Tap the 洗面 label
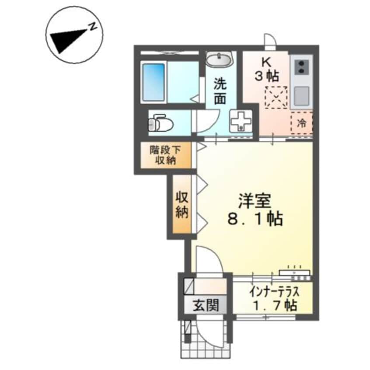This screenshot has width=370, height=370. [x=220, y=91]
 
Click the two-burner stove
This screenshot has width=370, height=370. [x=301, y=66]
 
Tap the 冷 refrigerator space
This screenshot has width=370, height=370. [x=302, y=123]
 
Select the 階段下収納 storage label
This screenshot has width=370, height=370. [x=165, y=155]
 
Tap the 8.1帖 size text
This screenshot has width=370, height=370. [x=255, y=218]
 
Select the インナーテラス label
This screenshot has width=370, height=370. [x=274, y=291]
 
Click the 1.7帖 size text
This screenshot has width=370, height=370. [x=274, y=305]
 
